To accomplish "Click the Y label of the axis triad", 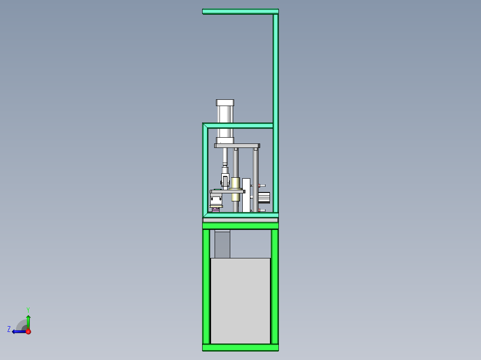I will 28,309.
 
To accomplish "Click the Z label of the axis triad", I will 9,329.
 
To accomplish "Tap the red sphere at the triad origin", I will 28,331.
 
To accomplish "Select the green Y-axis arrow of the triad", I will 28,322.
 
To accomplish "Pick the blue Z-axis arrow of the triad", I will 19,331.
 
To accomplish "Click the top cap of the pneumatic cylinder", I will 225,102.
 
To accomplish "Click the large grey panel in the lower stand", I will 240,301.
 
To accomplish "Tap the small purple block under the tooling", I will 216,209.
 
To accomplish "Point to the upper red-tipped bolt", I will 261,185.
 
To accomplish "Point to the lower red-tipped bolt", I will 261,210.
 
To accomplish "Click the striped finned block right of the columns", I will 264,197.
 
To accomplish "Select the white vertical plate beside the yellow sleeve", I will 246,195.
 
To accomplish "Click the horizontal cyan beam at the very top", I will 240,11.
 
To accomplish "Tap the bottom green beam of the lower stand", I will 240,347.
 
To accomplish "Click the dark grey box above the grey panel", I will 222,244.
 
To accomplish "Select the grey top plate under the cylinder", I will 237,146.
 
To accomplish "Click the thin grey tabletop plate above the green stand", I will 240,220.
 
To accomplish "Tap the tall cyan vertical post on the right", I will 275,111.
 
